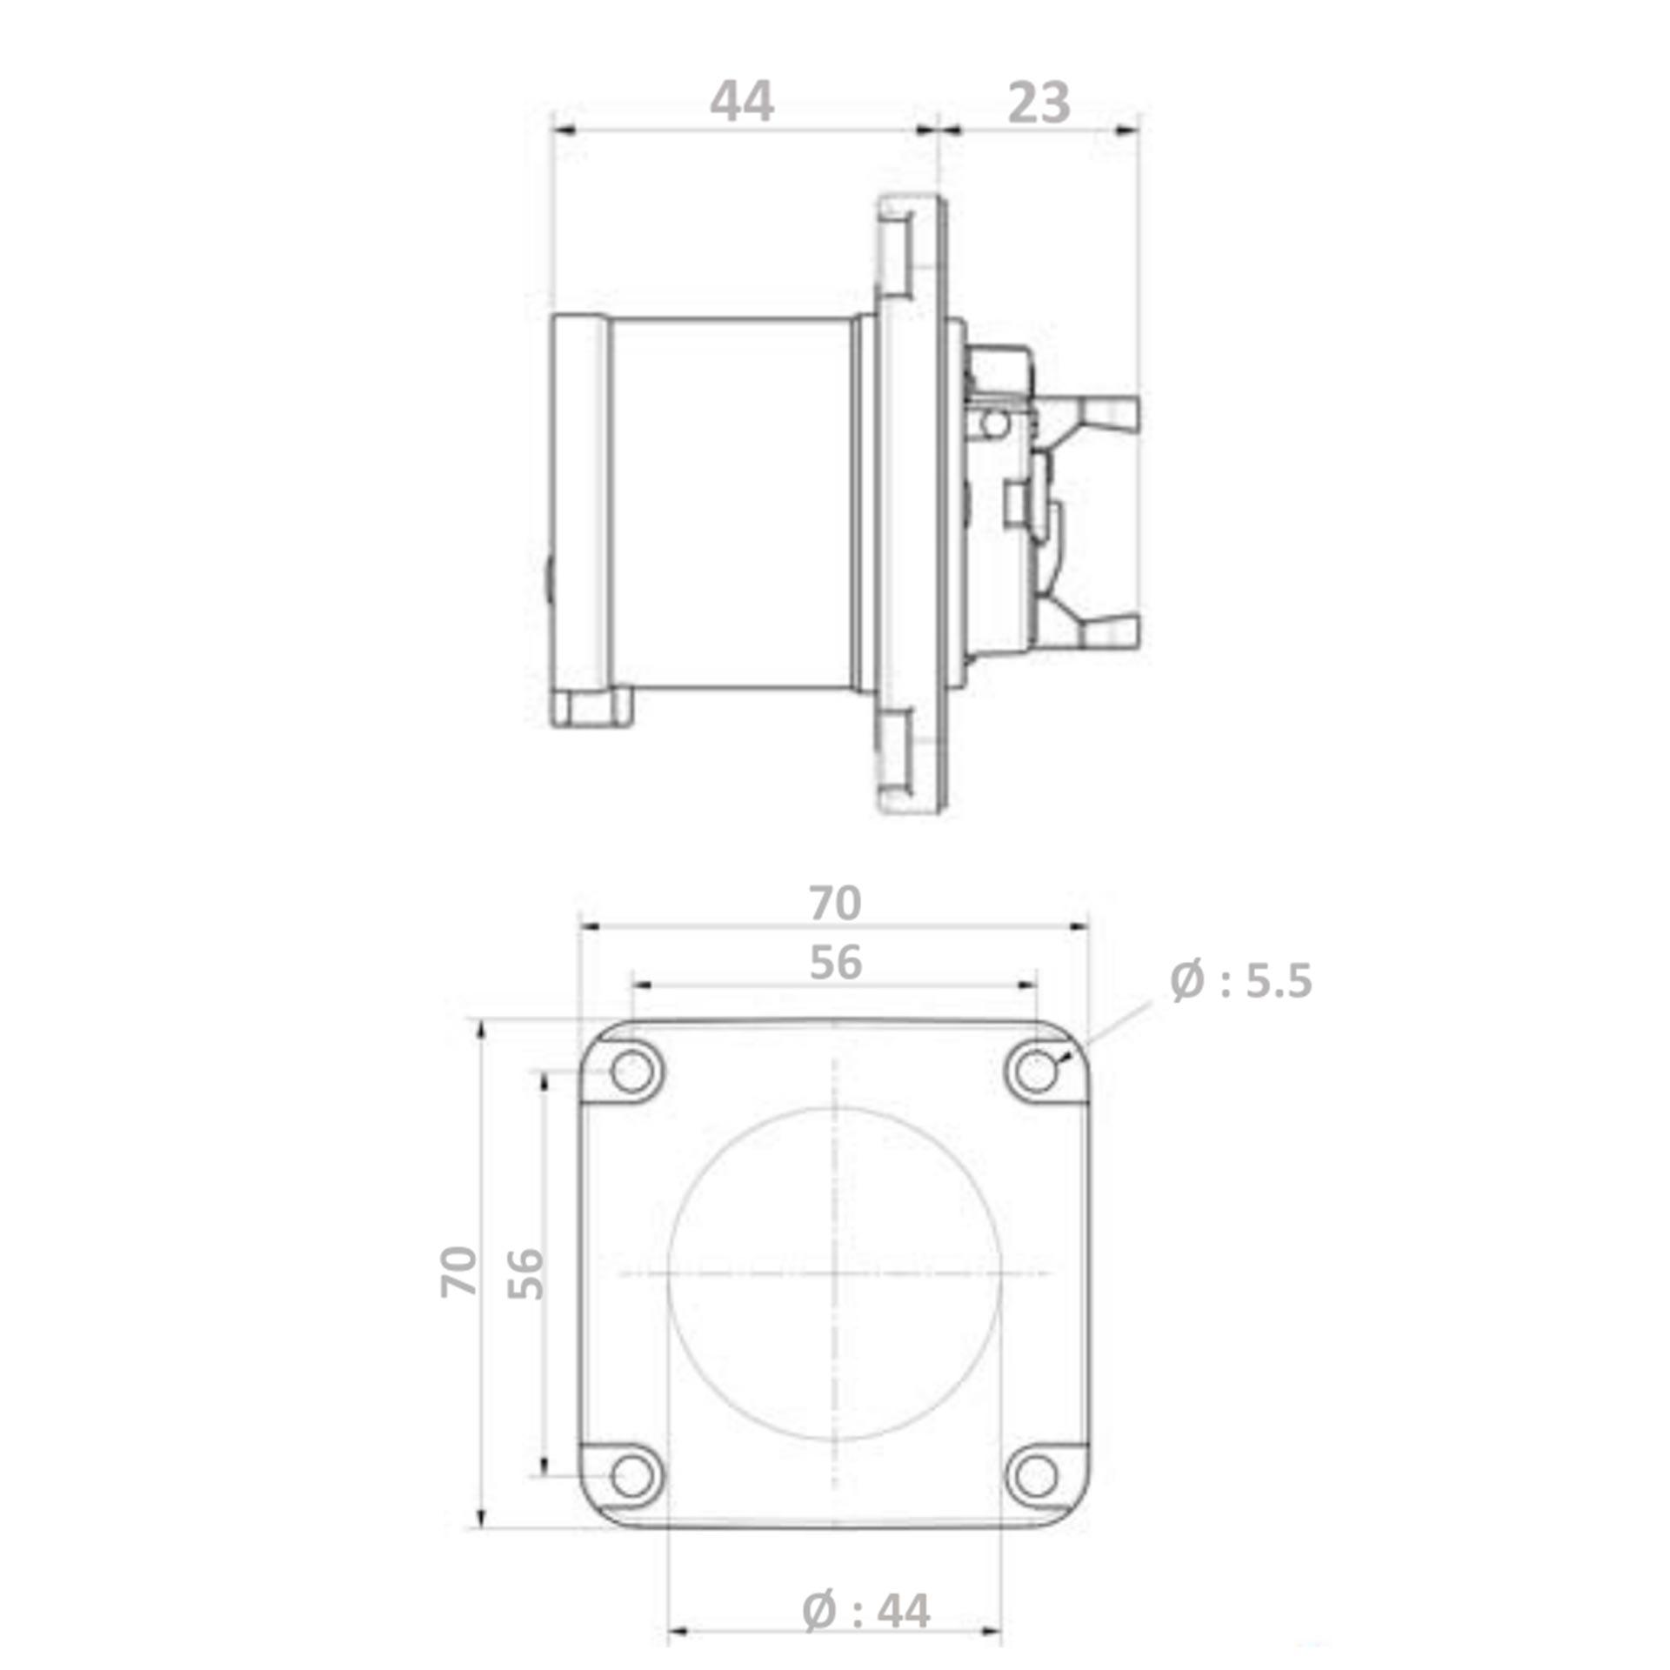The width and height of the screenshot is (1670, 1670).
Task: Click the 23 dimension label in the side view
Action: pos(1039,104)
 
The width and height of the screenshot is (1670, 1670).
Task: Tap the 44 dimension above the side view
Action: pos(741,102)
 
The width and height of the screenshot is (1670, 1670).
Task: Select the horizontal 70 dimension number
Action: pos(835,903)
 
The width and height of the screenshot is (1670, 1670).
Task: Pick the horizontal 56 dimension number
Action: pos(835,963)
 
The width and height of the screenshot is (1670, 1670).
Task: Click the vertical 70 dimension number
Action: pos(458,1273)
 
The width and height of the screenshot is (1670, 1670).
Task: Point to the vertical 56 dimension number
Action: pos(524,1273)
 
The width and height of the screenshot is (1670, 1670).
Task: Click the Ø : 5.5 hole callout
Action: pos(1240,981)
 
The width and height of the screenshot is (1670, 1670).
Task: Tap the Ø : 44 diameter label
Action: pos(865,1612)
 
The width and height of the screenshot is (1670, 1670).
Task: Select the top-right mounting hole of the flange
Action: pos(1035,1071)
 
